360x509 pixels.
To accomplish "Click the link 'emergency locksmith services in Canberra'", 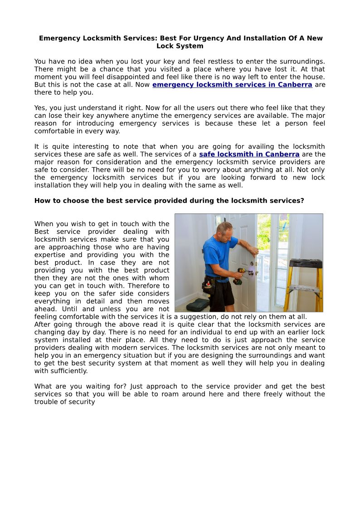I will click(232, 85).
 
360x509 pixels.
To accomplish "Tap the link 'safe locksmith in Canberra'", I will click(249, 154).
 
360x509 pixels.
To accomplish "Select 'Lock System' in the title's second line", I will click(180, 46).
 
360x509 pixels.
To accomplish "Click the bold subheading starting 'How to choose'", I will click(169, 200).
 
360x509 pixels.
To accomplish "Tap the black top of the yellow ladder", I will click(306, 263).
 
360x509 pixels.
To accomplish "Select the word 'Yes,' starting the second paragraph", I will click(41, 108).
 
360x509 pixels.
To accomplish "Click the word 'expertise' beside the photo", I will click(49, 255).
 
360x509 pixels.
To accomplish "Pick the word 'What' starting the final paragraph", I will click(43, 386).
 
